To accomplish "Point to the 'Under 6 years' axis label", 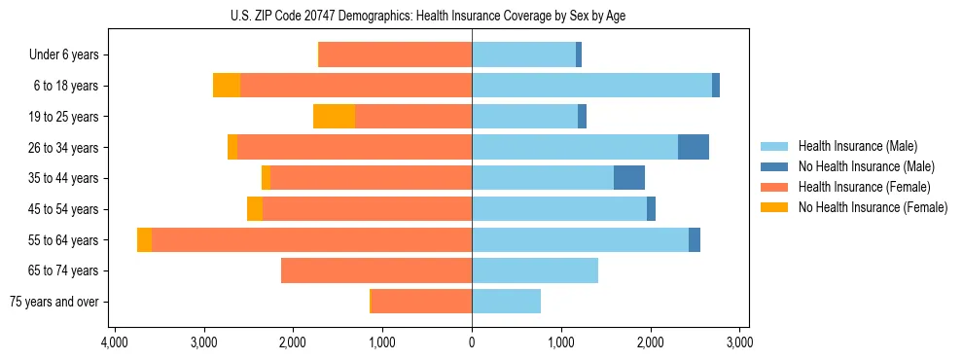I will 63,55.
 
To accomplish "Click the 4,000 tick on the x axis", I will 115,342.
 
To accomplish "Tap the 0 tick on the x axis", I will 472,342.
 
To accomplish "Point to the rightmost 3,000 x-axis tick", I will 739,342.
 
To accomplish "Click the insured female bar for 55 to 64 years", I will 311,240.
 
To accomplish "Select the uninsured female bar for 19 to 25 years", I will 334,117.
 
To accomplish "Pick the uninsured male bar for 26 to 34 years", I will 694,147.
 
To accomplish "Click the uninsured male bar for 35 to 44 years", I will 629,178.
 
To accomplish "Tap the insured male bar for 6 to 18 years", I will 591,86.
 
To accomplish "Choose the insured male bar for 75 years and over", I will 506,302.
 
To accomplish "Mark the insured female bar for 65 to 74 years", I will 376,270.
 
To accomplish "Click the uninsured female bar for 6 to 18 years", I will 227,86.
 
